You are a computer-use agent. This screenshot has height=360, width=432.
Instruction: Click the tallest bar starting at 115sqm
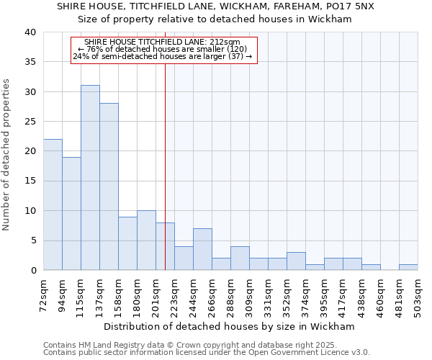[x=90, y=178]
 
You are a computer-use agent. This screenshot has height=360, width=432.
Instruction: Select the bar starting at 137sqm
[x=109, y=186]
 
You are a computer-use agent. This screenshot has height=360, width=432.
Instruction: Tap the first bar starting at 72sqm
[x=53, y=204]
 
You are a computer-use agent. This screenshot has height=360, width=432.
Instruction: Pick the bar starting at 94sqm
[x=71, y=214]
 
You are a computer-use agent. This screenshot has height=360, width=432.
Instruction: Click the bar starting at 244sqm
[x=202, y=249]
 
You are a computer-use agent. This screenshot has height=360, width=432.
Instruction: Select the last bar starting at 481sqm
[x=408, y=267]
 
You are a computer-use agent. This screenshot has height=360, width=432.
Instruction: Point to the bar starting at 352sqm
[x=296, y=261]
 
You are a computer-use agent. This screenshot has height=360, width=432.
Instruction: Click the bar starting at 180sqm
[x=146, y=240]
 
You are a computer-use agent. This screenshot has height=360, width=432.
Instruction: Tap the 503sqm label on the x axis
[x=418, y=296]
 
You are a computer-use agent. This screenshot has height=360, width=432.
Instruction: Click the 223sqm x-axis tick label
[x=174, y=296]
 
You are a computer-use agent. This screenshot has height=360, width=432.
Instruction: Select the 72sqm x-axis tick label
[x=43, y=296]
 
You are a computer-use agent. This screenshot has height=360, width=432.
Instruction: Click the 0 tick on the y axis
[x=34, y=271]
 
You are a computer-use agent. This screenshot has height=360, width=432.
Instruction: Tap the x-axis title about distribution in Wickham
[x=230, y=326]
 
